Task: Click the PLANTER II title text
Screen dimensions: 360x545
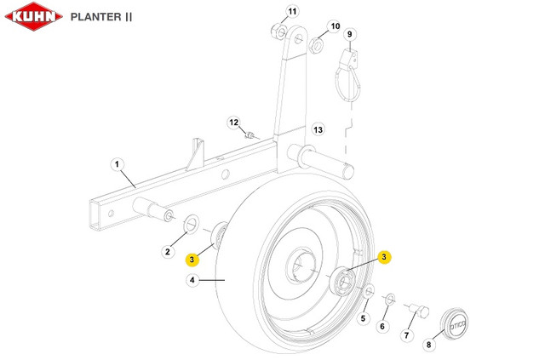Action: point(101,16)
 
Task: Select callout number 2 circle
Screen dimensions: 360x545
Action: point(169,251)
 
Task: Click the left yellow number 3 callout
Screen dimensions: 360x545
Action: point(193,259)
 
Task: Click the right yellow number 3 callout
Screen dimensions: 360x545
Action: point(384,256)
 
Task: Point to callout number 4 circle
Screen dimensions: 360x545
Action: point(193,280)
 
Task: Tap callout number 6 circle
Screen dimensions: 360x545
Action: point(382,326)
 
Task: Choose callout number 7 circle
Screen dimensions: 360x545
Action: point(405,336)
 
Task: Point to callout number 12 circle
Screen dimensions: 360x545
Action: point(233,123)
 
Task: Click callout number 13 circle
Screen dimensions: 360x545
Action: point(318,129)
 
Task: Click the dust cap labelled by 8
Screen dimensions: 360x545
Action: point(456,323)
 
